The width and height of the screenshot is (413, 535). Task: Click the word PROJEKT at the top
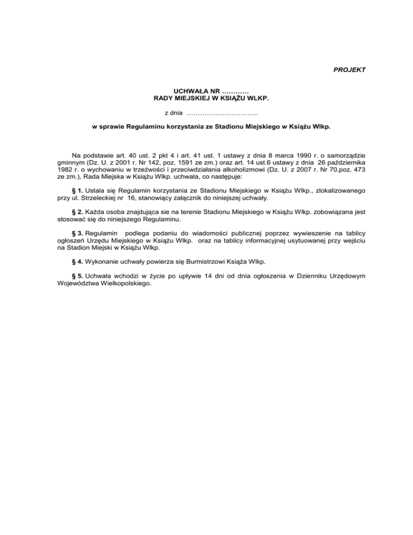pyautogui.click(x=351, y=70)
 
